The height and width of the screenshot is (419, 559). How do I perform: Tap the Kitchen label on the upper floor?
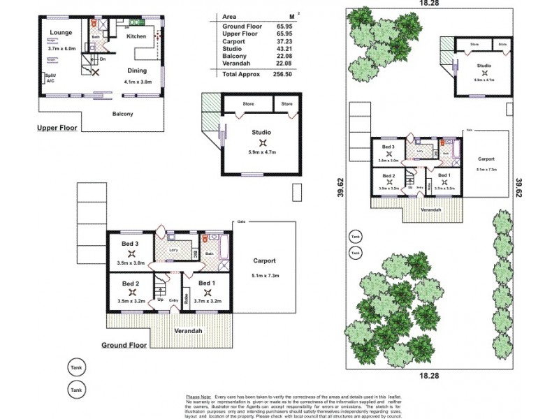click(x=136, y=36)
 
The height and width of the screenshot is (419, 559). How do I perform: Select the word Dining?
click(x=138, y=71)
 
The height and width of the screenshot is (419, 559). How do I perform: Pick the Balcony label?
click(x=122, y=114)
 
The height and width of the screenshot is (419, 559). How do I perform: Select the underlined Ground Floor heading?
click(x=124, y=345)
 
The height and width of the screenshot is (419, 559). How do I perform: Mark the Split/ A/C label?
click(x=50, y=78)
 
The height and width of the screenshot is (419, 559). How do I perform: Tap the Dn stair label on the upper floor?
click(x=103, y=59)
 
